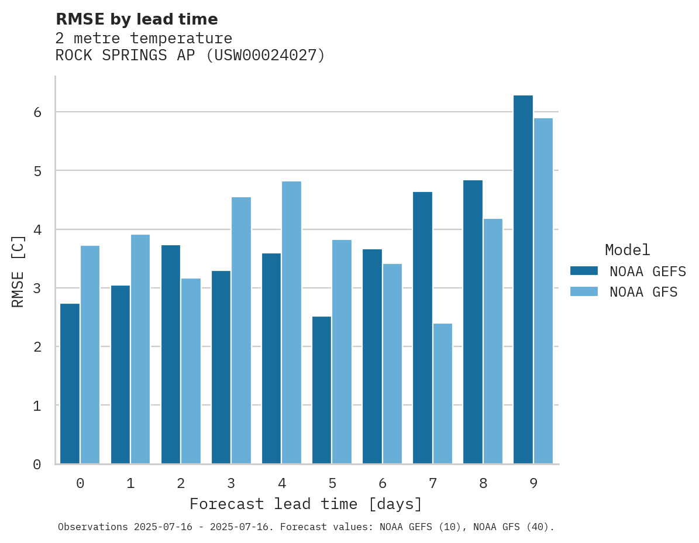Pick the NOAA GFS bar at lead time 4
click(291, 322)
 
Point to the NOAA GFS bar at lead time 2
click(191, 371)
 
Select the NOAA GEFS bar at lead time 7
click(422, 328)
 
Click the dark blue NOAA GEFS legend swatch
click(584, 271)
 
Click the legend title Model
click(627, 250)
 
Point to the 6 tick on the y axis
click(37, 112)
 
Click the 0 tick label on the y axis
click(37, 465)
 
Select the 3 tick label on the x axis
click(231, 483)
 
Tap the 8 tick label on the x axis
click(483, 483)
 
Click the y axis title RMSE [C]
click(18, 271)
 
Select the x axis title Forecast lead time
click(305, 504)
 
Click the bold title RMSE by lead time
click(136, 19)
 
